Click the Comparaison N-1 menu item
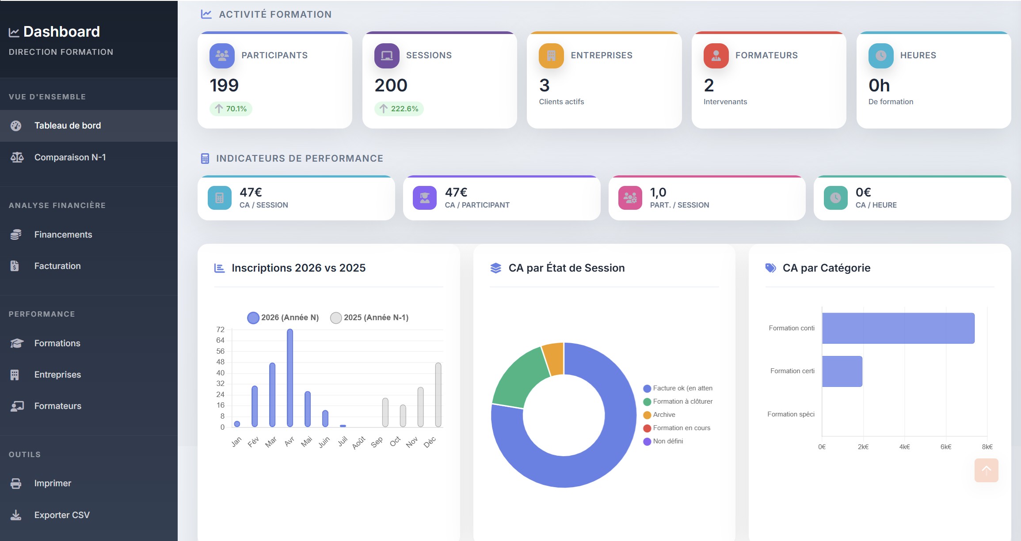click(70, 158)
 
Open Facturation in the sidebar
click(57, 266)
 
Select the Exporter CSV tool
click(61, 515)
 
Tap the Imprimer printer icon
click(16, 484)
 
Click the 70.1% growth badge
click(231, 109)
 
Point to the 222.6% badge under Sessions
click(399, 109)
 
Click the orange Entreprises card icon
click(551, 56)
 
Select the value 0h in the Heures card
click(879, 86)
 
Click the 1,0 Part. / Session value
click(658, 193)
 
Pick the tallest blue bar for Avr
click(290, 378)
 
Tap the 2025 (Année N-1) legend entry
click(370, 318)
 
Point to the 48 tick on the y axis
click(220, 362)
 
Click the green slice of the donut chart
click(518, 378)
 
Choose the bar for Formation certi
click(842, 371)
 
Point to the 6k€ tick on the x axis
click(946, 447)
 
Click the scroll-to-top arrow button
click(986, 470)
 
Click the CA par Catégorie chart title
click(826, 268)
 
